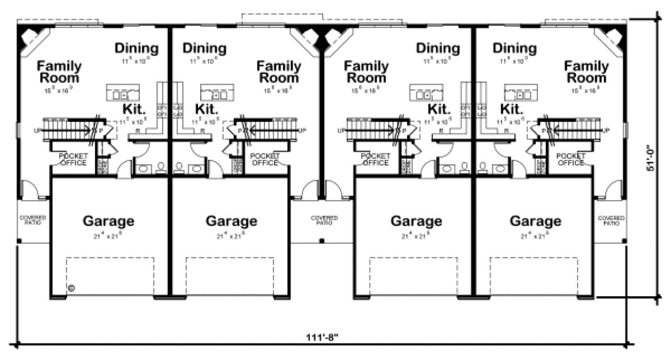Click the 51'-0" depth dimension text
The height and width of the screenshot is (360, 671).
coord(653,160)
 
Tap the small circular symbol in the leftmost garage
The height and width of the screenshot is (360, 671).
coord(72,288)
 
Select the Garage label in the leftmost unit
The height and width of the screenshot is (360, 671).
coord(109,221)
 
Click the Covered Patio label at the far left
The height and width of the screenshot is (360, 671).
coord(33,220)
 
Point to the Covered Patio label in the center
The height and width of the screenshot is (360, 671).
coord(324,220)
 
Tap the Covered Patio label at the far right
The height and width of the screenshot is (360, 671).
coord(611,220)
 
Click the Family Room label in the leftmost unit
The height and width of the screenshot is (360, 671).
coord(59,72)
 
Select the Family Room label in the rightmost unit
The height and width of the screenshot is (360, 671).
coord(586,72)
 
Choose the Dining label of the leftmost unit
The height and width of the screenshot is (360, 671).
coord(136,48)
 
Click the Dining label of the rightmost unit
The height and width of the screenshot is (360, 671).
coord(515,48)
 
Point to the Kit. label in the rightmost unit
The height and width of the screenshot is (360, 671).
coord(511,108)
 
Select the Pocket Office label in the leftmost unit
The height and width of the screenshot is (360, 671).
coord(72,159)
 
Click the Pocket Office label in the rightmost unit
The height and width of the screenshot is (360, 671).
coord(570,159)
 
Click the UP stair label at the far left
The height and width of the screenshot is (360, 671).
coord(38,130)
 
